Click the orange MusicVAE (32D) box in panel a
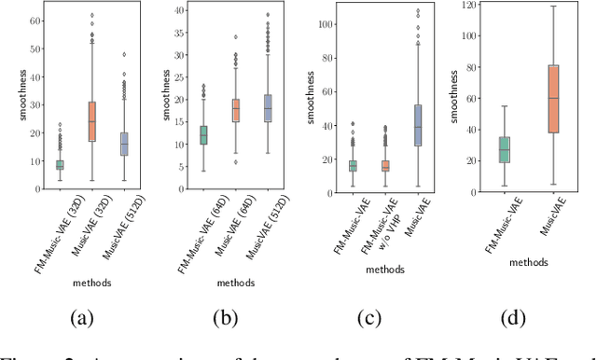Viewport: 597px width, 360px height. pos(91,121)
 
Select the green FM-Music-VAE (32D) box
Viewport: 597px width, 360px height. pos(60,165)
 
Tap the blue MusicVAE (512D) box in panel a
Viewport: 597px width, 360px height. pos(123,144)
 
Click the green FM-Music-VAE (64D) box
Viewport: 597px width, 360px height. pos(204,135)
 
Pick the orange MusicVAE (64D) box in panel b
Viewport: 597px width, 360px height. pos(236,110)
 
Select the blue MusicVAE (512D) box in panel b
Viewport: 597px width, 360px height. pos(268,108)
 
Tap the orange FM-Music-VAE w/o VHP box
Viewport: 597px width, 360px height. pos(386,166)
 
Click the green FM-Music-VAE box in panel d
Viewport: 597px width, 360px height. pos(505,149)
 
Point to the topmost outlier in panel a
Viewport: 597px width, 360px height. pos(91,15)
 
